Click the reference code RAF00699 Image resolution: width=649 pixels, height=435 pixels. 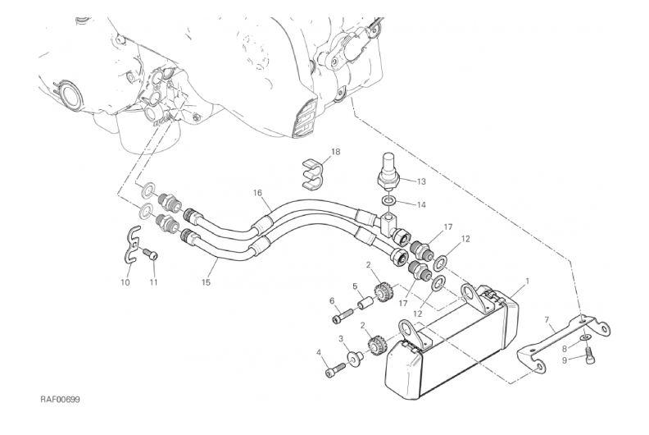click(x=60, y=400)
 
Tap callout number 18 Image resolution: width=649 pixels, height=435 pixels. click(x=335, y=152)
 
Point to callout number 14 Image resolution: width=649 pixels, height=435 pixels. click(x=420, y=204)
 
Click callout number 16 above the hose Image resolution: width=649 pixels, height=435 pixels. click(x=257, y=192)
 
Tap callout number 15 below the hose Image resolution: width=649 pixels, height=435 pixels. click(x=206, y=282)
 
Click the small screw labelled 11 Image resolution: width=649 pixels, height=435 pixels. click(x=151, y=254)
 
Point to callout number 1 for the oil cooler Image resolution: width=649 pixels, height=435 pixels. click(x=528, y=282)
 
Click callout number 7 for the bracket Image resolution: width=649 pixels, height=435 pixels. click(x=547, y=319)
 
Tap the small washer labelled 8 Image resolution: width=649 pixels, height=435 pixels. click(x=587, y=338)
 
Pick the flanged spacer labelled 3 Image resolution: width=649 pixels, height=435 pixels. click(x=356, y=357)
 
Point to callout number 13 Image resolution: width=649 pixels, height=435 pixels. click(x=421, y=181)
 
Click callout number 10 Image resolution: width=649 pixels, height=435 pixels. click(x=125, y=282)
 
